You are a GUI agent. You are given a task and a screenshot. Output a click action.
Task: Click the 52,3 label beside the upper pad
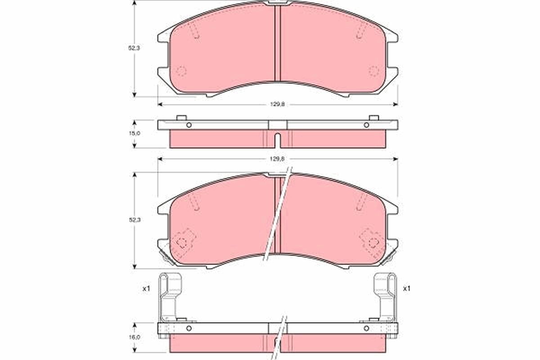point(134,48)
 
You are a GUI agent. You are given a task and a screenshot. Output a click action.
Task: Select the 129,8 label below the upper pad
point(278,104)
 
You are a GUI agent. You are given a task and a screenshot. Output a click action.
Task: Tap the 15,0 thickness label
point(135,133)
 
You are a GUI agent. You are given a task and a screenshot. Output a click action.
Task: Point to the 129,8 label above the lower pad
point(278,159)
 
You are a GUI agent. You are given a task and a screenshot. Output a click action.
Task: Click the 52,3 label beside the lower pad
point(135,220)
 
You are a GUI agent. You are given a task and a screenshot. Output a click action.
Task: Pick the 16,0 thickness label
point(134,337)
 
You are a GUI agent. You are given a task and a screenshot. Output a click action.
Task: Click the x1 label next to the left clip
point(146,288)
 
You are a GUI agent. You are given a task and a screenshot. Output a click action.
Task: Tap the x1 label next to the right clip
point(407,288)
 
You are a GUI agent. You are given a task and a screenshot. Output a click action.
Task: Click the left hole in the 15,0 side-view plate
point(189,125)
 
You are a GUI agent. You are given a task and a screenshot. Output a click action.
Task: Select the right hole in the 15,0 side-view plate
point(366,125)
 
